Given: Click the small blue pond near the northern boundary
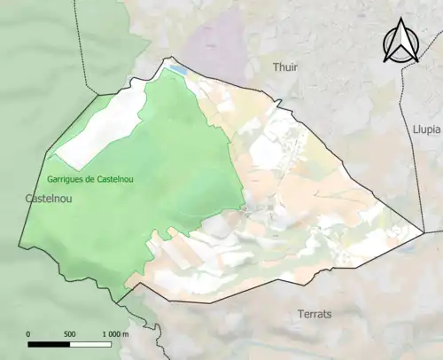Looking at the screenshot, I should tap(179, 69).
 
